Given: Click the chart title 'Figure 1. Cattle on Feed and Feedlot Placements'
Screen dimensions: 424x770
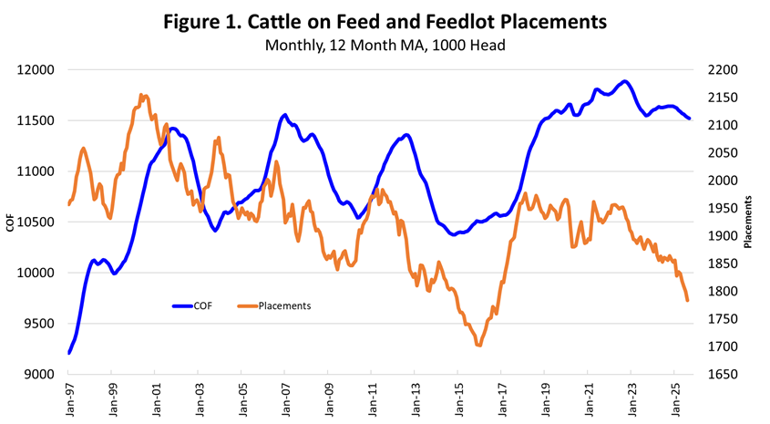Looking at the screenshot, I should (384, 21).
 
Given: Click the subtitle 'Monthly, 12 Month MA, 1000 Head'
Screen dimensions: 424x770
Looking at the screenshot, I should (384, 44).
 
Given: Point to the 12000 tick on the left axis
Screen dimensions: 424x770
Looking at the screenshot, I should (37, 70).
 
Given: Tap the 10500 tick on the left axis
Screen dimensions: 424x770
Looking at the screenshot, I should (37, 222).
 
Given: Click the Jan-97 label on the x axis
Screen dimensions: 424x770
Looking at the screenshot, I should (68, 400).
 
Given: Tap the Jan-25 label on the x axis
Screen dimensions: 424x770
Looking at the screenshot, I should (672, 400).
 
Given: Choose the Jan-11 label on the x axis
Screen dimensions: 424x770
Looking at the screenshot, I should (371, 400).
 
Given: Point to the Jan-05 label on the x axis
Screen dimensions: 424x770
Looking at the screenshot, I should (241, 400).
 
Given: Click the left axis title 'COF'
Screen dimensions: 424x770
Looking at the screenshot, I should (11, 222).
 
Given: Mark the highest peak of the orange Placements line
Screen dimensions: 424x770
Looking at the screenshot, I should (143, 95).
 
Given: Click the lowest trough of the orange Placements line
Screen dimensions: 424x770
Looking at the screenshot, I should (478, 346).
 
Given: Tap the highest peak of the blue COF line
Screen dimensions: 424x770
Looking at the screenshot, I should (624, 82).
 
